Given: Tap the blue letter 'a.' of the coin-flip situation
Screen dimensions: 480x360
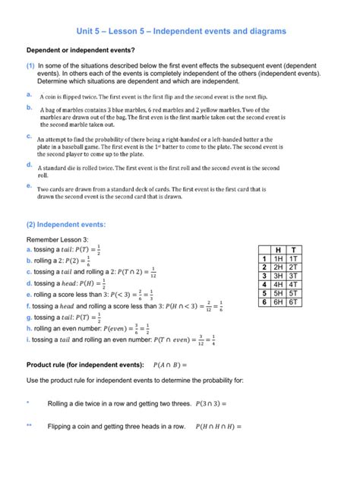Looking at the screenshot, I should click(28, 94).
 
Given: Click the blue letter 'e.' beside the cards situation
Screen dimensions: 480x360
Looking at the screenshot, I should click(28, 185).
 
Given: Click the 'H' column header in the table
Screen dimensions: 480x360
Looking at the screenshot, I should click(278, 250).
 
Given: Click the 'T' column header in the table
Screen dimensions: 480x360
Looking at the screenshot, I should click(293, 250).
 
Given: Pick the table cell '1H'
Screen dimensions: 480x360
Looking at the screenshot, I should click(278, 258).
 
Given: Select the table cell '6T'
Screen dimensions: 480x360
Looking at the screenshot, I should click(293, 302).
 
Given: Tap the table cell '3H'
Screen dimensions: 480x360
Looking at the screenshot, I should click(278, 276).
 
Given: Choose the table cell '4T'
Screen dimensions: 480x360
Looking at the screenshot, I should click(293, 284).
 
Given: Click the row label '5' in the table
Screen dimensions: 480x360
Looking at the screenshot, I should click(263, 293).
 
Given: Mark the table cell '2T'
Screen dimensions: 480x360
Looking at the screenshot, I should click(293, 267).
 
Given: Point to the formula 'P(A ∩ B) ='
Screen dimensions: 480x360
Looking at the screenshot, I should click(176, 364).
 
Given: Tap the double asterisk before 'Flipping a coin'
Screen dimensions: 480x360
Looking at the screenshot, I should click(29, 426).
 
